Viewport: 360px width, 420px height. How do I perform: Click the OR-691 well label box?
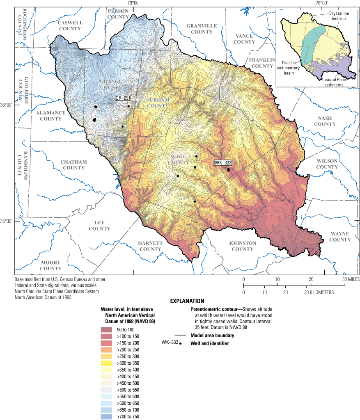coord(123,98)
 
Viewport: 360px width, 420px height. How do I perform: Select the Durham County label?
coord(155,103)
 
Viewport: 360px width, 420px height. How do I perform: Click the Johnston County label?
coord(242,246)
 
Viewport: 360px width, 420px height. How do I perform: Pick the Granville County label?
coord(202,29)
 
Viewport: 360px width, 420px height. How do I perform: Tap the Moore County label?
coord(50,265)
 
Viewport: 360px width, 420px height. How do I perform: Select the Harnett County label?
coord(150,246)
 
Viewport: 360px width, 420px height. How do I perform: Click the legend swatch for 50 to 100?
coord(106,330)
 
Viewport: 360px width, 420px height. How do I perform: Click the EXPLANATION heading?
coord(187,301)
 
